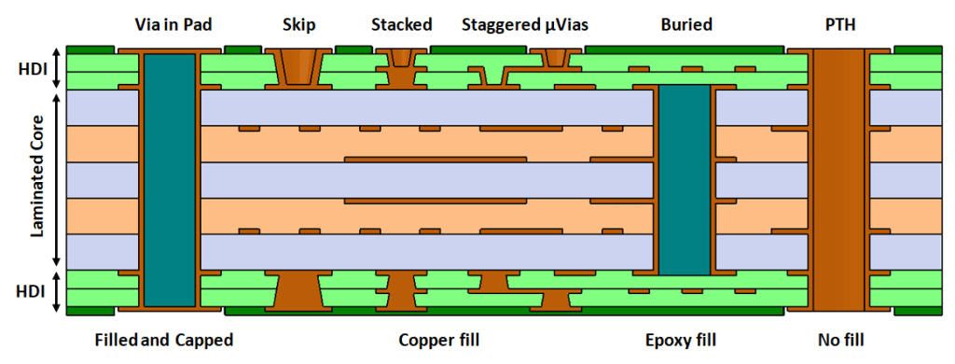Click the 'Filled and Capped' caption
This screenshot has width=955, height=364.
pyautogui.click(x=164, y=340)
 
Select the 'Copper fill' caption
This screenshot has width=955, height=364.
pyautogui.click(x=438, y=340)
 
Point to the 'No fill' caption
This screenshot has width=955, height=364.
pyautogui.click(x=840, y=340)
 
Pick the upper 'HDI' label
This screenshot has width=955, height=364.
pyautogui.click(x=31, y=68)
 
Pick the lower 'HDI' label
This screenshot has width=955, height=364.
pyautogui.click(x=31, y=291)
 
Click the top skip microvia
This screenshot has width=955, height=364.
pyautogui.click(x=298, y=67)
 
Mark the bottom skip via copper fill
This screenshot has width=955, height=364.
pyautogui.click(x=298, y=291)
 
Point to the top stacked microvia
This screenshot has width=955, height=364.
pyautogui.click(x=401, y=60)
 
